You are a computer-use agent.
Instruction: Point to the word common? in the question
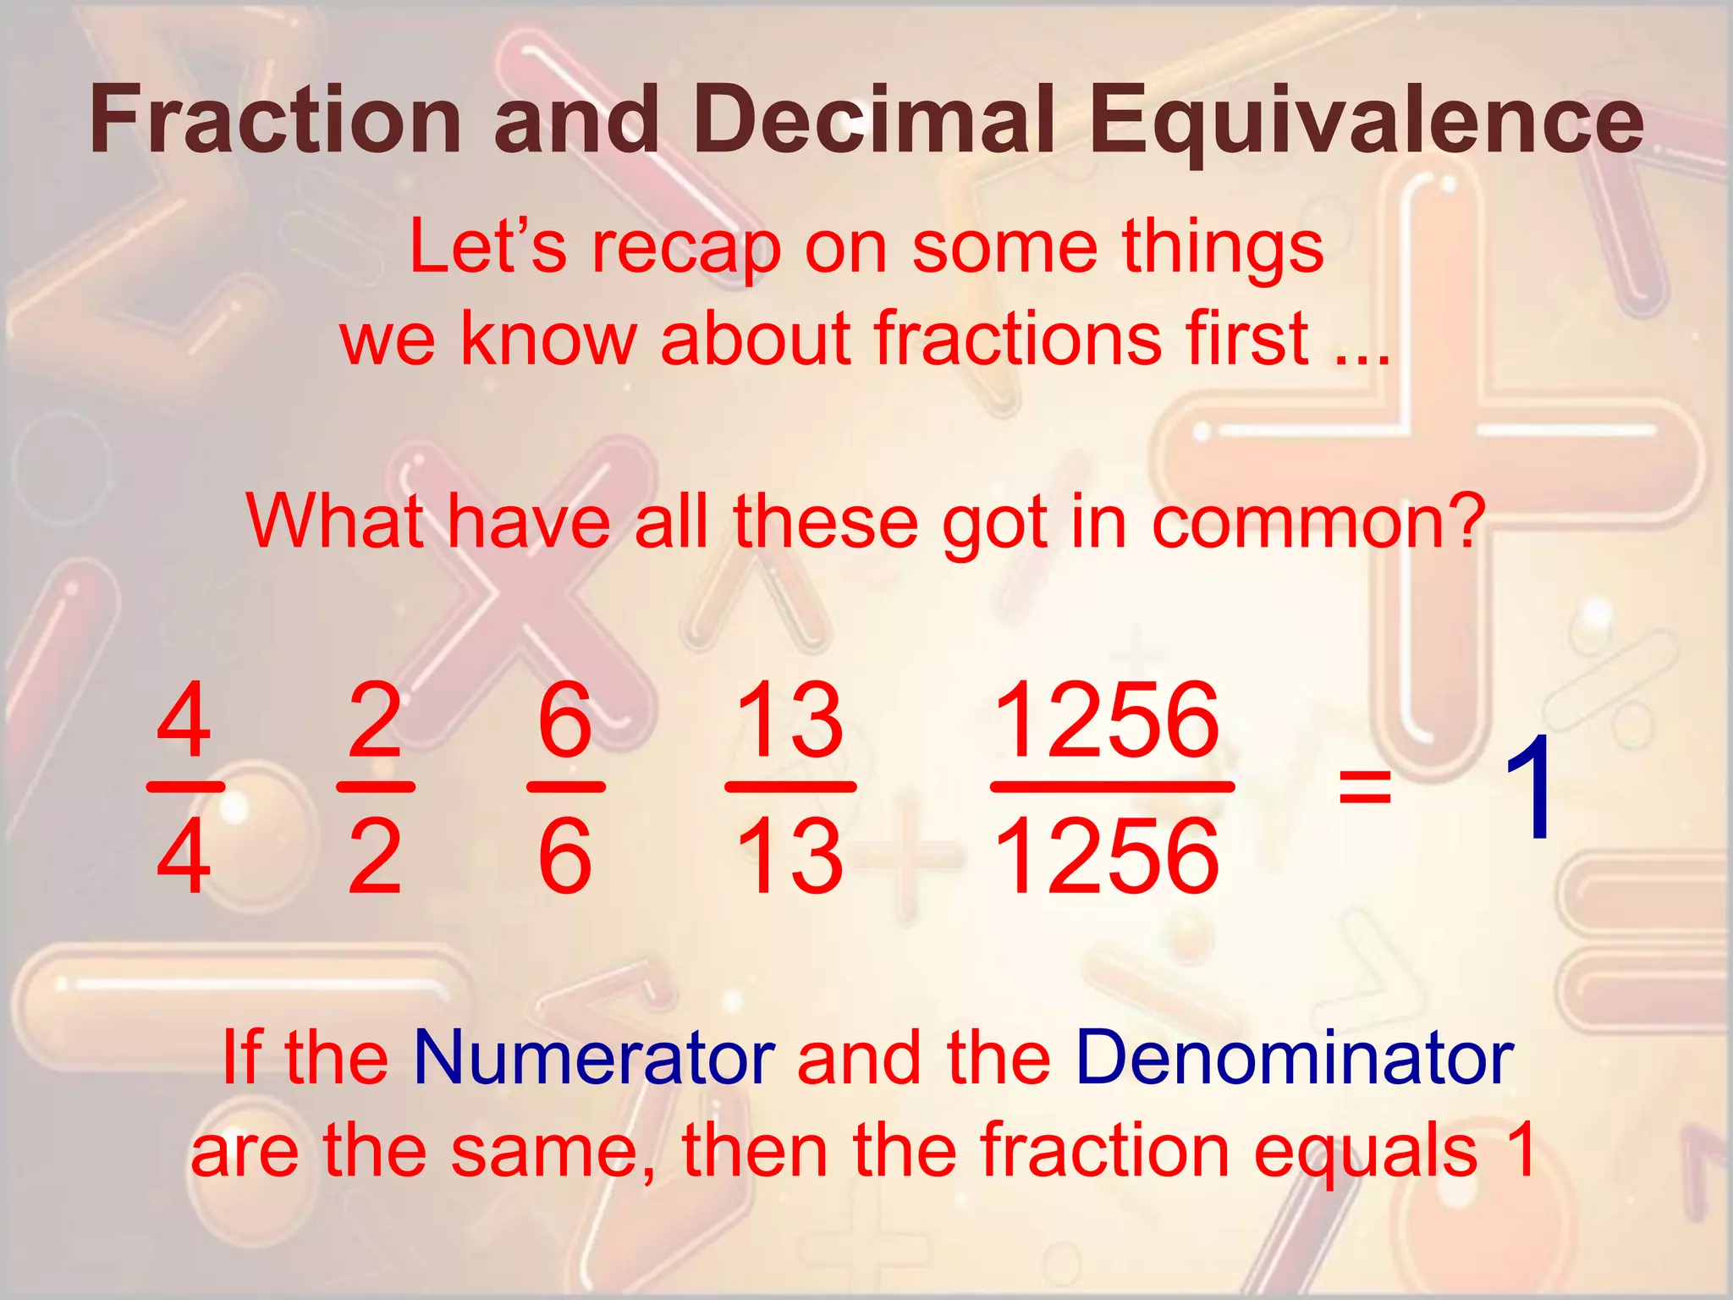(x=1319, y=523)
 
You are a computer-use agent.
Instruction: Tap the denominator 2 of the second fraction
(x=374, y=857)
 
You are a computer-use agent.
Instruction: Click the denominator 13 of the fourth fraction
(x=789, y=857)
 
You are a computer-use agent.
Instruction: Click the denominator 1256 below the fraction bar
(x=1108, y=857)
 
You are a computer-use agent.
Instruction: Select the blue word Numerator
(x=594, y=1058)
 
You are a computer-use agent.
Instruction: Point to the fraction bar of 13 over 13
(x=790, y=786)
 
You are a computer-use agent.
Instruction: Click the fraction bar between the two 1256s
(x=1111, y=786)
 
